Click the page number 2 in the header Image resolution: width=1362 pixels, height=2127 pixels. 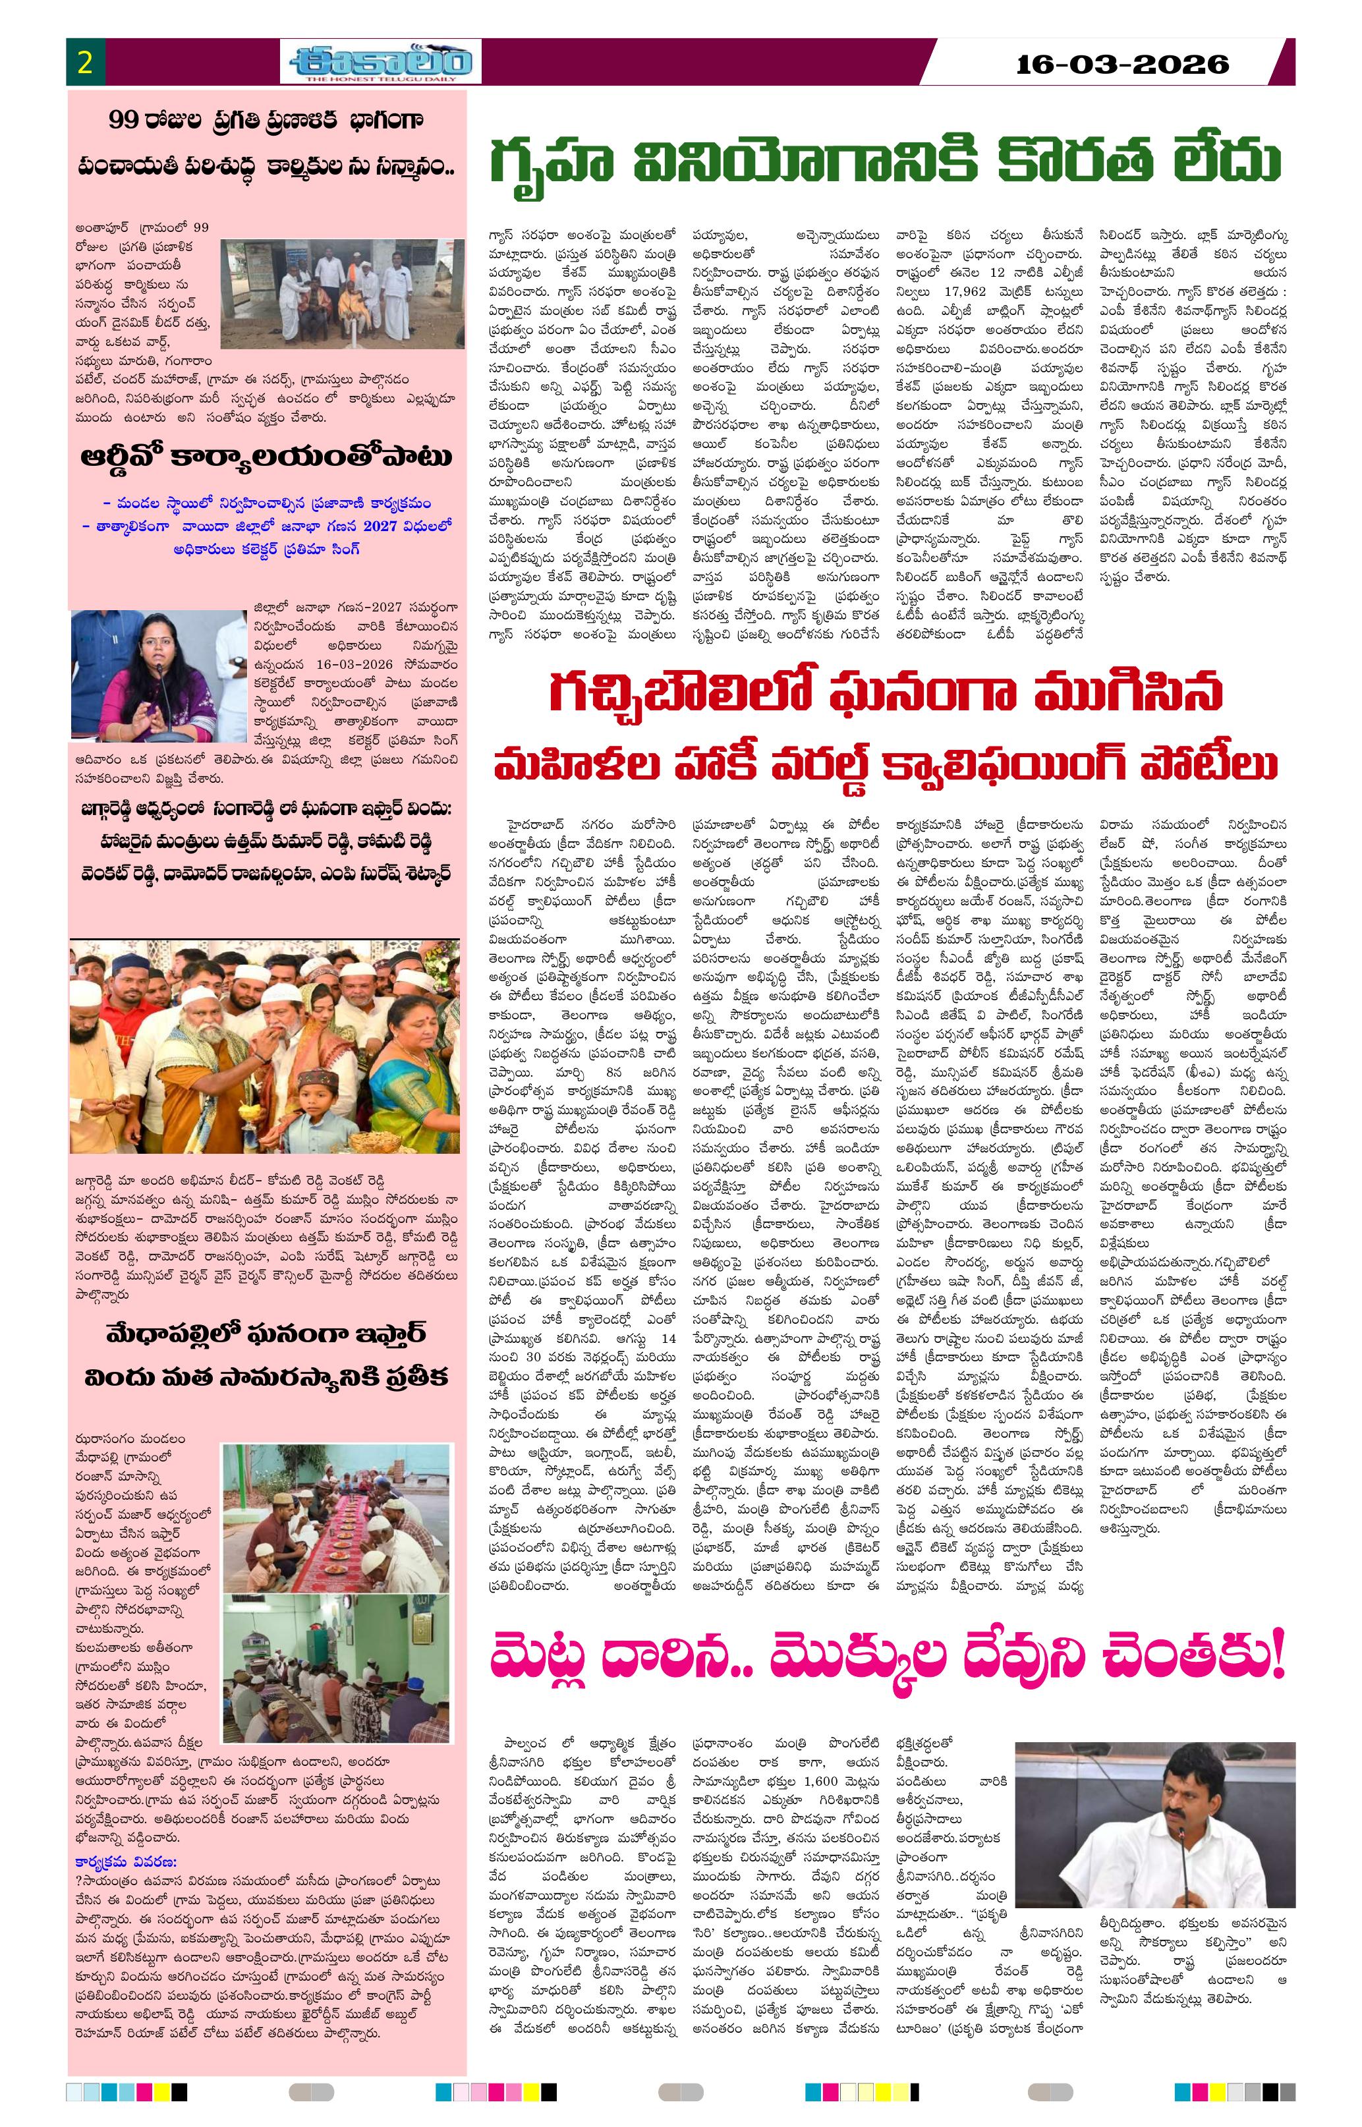click(85, 63)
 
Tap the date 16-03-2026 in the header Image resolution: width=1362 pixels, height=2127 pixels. click(1122, 64)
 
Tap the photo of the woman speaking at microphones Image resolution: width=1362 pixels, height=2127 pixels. click(157, 675)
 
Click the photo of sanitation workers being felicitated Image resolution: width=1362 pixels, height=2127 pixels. click(341, 293)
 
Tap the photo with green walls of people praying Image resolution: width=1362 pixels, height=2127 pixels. click(335, 1667)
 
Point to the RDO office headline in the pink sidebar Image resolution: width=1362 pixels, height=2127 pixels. click(266, 457)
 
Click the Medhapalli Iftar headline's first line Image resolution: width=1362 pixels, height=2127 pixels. click(266, 1334)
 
